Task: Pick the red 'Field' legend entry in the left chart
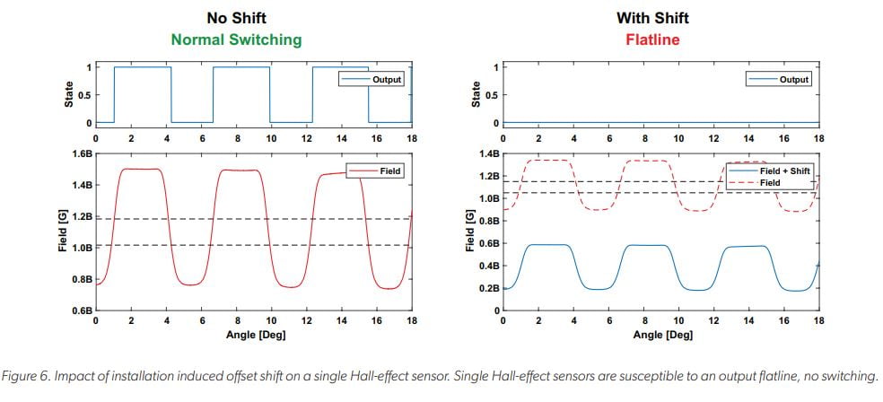[x=391, y=170]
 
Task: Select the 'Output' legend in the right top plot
[x=792, y=79]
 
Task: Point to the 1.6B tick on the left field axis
[x=82, y=154]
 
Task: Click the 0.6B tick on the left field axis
[x=82, y=310]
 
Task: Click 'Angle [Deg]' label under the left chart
[x=254, y=336]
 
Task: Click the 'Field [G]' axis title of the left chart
[x=63, y=232]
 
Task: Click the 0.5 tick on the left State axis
[x=83, y=95]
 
